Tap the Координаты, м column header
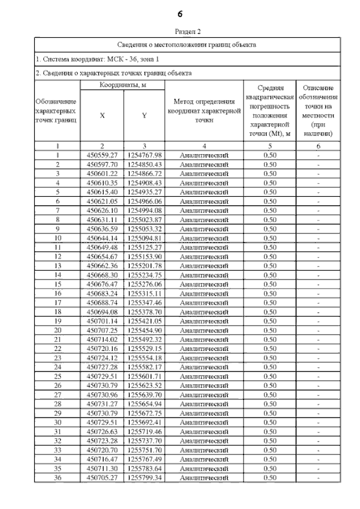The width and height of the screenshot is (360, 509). pyautogui.click(x=123, y=84)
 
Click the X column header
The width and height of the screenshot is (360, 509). pyautogui.click(x=102, y=115)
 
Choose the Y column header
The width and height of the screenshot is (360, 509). pyautogui.click(x=144, y=115)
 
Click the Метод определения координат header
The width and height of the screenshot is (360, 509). pyautogui.click(x=204, y=110)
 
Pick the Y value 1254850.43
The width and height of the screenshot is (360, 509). pyautogui.click(x=144, y=164)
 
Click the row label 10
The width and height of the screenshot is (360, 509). pyautogui.click(x=57, y=238)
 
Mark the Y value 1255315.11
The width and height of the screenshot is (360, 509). pyautogui.click(x=144, y=294)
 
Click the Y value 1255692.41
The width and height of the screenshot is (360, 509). pyautogui.click(x=144, y=422)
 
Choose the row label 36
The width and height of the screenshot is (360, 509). pyautogui.click(x=57, y=478)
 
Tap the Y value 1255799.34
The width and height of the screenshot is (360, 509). pyautogui.click(x=144, y=478)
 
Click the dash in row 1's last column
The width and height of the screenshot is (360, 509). pyautogui.click(x=318, y=155)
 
